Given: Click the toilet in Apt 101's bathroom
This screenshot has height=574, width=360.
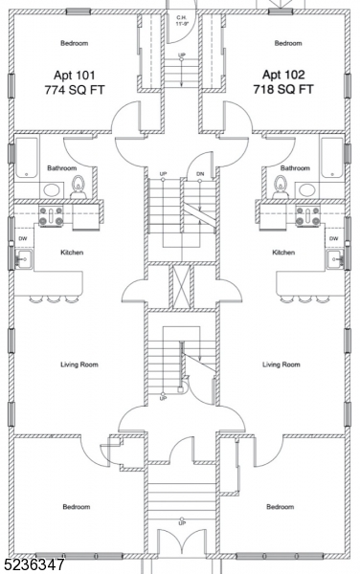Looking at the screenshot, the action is click(x=78, y=187).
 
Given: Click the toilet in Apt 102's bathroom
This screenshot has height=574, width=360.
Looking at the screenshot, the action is click(x=281, y=187).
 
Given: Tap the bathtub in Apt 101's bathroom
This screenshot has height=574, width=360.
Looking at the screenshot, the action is click(x=27, y=158).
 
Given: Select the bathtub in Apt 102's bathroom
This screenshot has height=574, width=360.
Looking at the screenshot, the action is click(x=332, y=158).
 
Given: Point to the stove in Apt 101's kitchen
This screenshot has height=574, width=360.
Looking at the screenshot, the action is click(x=51, y=216).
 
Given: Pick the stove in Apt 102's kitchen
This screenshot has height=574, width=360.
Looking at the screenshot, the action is click(x=307, y=216).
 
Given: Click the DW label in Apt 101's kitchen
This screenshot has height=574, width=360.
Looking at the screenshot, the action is click(x=23, y=238).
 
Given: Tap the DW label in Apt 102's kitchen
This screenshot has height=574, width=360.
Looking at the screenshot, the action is click(x=333, y=238).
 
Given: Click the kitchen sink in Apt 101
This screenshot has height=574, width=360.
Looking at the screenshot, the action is click(x=23, y=259).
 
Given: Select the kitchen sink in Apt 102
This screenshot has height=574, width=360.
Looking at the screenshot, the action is click(x=335, y=259).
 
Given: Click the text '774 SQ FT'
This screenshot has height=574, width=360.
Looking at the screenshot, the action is click(x=75, y=90).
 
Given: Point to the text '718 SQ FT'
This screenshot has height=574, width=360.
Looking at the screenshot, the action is click(x=283, y=89).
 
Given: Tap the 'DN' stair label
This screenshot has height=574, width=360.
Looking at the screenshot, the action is click(x=200, y=174).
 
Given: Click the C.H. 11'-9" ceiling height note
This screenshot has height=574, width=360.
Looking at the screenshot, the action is click(x=181, y=20).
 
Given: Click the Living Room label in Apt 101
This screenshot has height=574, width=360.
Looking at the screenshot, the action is click(x=79, y=364).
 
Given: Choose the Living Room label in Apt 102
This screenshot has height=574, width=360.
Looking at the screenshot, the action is click(x=281, y=364).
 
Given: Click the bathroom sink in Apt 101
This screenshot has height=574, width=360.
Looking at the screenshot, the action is click(x=53, y=190).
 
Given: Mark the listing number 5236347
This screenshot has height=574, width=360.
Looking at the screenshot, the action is click(x=33, y=565).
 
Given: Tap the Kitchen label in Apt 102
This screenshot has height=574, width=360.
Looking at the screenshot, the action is click(x=283, y=253).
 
